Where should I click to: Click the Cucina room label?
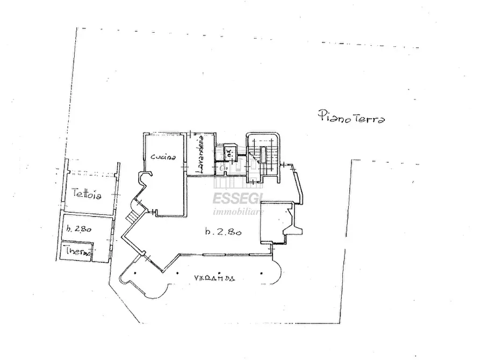(164, 157)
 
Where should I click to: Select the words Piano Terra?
(351, 117)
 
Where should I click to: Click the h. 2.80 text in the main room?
(223, 232)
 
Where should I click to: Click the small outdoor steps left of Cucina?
(133, 217)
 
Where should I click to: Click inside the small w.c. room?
(230, 154)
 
